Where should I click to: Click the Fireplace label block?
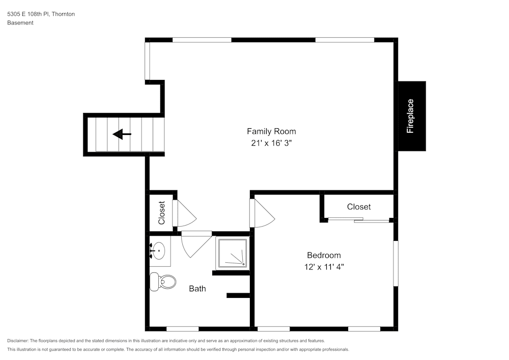(411, 116)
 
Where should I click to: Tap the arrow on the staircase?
(122, 134)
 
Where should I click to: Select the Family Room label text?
(271, 131)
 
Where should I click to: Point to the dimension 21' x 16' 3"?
(271, 144)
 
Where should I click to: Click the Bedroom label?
(324, 255)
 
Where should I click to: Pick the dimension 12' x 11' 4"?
(324, 267)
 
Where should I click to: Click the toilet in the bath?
(162, 281)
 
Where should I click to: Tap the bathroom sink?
(159, 251)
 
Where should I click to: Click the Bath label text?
(197, 289)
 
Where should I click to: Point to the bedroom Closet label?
(359, 207)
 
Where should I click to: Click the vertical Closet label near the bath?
(162, 213)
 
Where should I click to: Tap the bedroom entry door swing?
(262, 214)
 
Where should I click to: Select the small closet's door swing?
(184, 214)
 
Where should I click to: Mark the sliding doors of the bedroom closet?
(358, 220)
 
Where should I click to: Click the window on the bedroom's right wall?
(395, 263)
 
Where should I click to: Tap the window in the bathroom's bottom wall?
(182, 328)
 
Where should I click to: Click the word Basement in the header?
(20, 23)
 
